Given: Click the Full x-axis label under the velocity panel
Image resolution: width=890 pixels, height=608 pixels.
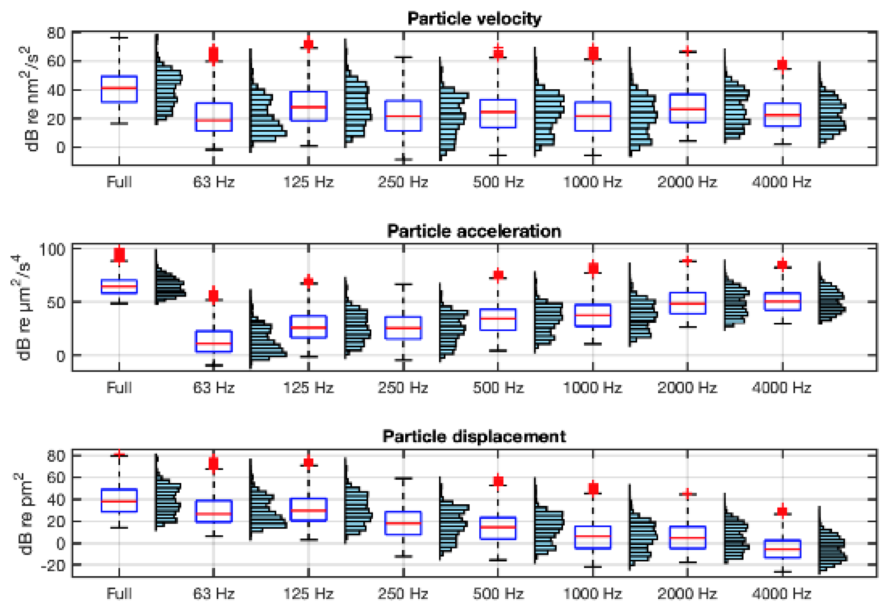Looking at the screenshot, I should pyautogui.click(x=119, y=181).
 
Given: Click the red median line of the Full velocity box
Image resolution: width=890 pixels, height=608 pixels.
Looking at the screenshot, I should pyautogui.click(x=119, y=88).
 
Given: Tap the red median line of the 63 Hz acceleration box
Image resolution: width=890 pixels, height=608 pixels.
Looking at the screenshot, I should pyautogui.click(x=214, y=343).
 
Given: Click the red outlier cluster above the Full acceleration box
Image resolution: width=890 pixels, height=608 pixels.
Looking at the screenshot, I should pyautogui.click(x=119, y=254).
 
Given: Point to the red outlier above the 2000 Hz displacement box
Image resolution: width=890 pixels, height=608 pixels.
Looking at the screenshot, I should pyautogui.click(x=688, y=493).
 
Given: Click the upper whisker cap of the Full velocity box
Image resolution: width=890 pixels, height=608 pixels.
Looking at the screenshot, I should pyautogui.click(x=119, y=37).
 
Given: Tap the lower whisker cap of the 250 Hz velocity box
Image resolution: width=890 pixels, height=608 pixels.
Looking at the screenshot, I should pyautogui.click(x=403, y=159).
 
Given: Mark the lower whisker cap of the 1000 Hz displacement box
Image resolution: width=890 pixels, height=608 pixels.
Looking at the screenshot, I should pyautogui.click(x=593, y=566).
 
